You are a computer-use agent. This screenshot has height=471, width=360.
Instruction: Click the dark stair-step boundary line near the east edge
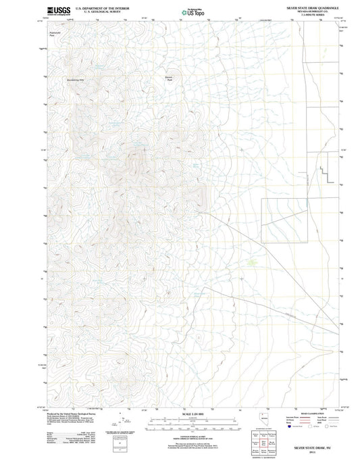[x=329, y=169]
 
